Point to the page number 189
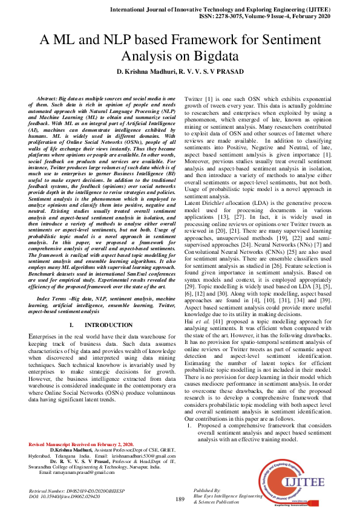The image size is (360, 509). [x=180, y=499]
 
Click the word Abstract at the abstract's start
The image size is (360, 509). [x=50, y=98]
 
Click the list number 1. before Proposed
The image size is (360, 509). [x=189, y=426]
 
